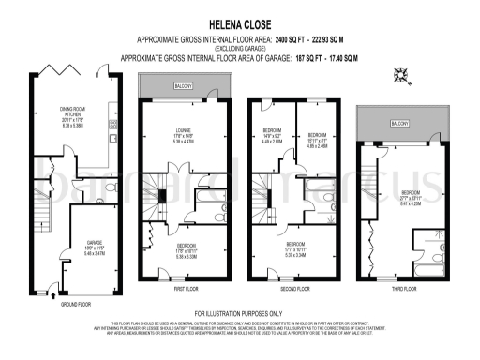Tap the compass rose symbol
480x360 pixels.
point(403,78)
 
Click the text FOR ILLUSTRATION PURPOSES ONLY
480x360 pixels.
point(238,312)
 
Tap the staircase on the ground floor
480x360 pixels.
point(38,206)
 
